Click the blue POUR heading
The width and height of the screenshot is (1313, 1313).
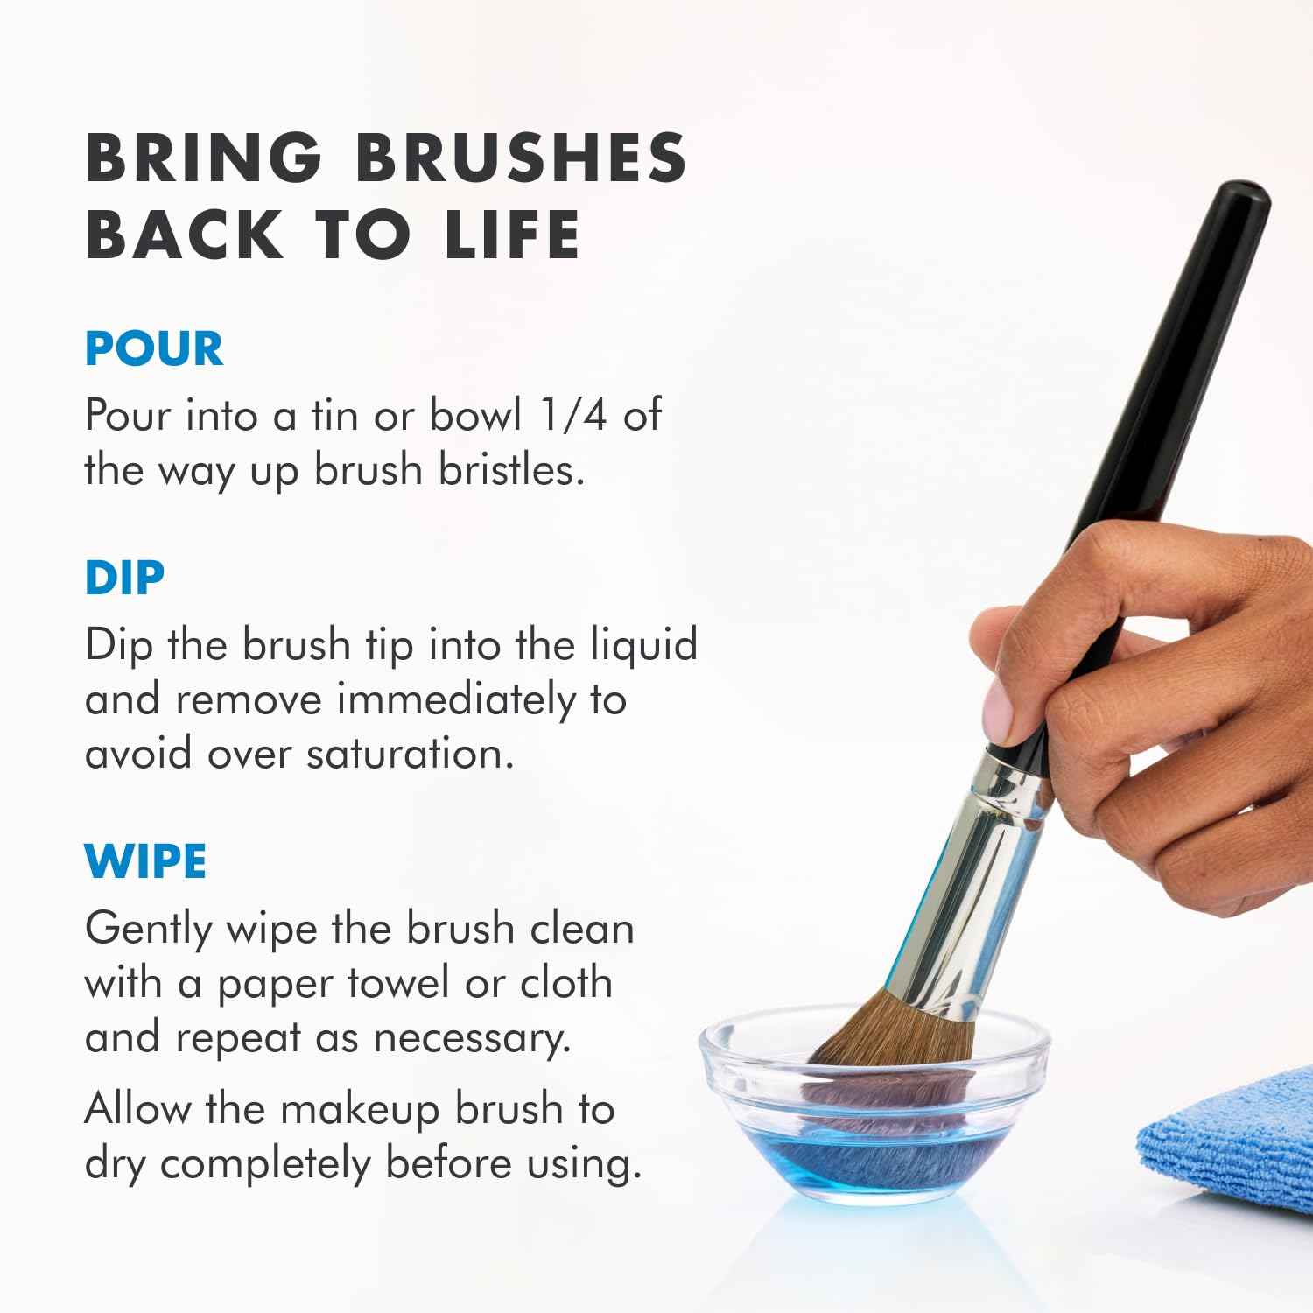pyautogui.click(x=154, y=348)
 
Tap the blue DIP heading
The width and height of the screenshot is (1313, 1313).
pyautogui.click(x=124, y=578)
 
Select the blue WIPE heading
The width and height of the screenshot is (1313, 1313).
pyautogui.click(x=145, y=861)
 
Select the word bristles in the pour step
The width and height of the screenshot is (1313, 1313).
pyautogui.click(x=511, y=470)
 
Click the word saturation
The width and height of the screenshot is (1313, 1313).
pyautogui.click(x=410, y=754)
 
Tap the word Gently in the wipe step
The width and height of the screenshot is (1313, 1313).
pyautogui.click(x=149, y=930)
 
